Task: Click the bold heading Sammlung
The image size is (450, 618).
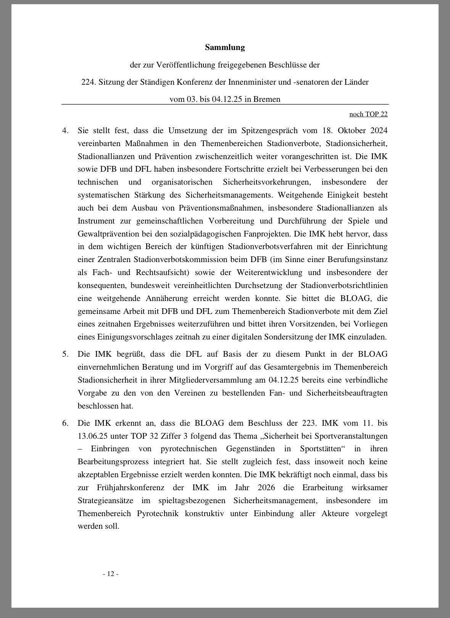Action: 224,47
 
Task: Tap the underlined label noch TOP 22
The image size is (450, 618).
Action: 368,114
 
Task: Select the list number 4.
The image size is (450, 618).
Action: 65,130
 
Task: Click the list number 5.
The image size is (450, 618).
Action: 65,354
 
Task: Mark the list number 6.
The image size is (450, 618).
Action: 65,423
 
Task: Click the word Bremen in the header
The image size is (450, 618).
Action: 267,99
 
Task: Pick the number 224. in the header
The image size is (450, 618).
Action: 89,82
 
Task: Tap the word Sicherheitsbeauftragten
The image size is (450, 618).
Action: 347,393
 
